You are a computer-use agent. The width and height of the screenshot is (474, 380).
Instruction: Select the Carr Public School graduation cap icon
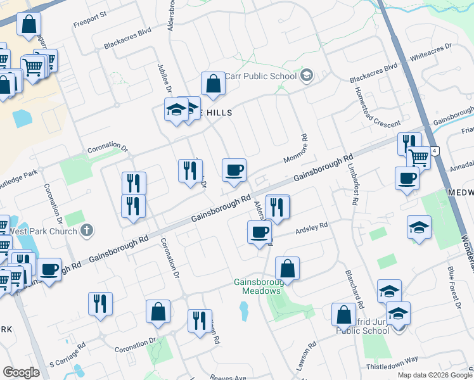[x=307, y=76]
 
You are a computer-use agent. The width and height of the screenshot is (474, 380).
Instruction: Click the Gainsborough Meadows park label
[x=257, y=286]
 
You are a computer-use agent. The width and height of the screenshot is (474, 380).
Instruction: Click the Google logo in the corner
[x=21, y=372]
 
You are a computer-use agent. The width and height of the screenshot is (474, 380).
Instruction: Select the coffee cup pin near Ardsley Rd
[x=259, y=232]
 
